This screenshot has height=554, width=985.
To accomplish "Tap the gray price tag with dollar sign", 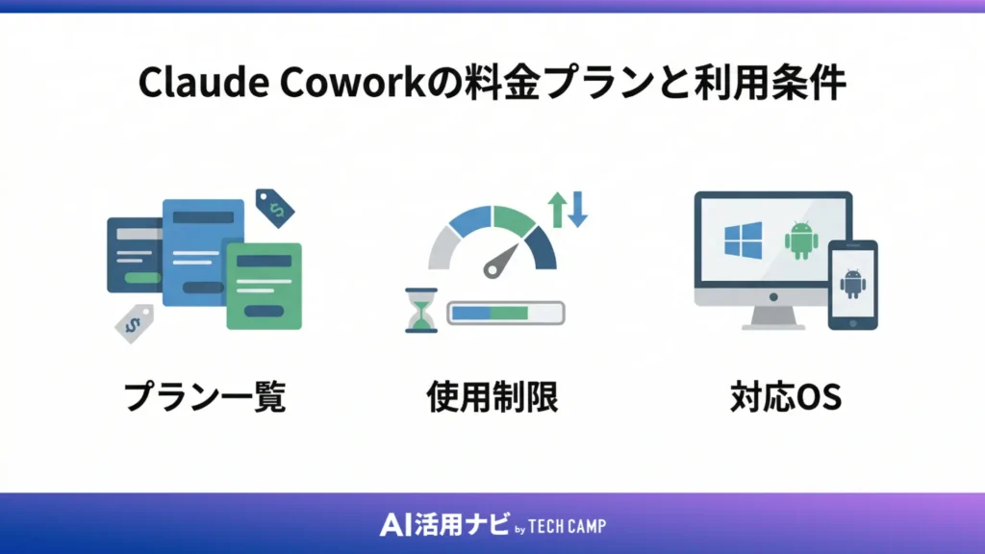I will [135, 323].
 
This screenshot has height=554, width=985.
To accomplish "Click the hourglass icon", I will [421, 310].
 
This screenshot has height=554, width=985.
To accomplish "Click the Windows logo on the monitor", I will [743, 239].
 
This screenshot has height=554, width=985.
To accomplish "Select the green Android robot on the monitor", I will [799, 240].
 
